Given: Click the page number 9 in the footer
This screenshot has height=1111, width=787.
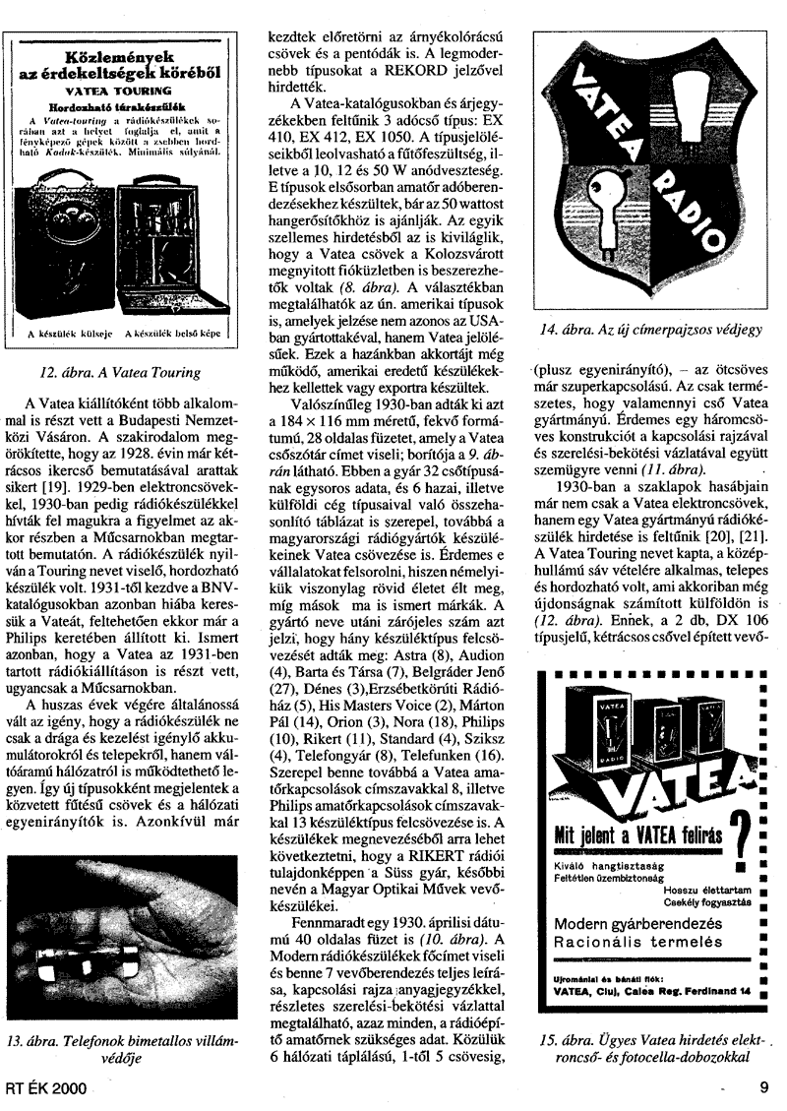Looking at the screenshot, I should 763,1087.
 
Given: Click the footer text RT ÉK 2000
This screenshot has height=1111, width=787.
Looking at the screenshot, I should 45,1088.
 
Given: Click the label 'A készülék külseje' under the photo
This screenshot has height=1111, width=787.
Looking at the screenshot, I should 69,335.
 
